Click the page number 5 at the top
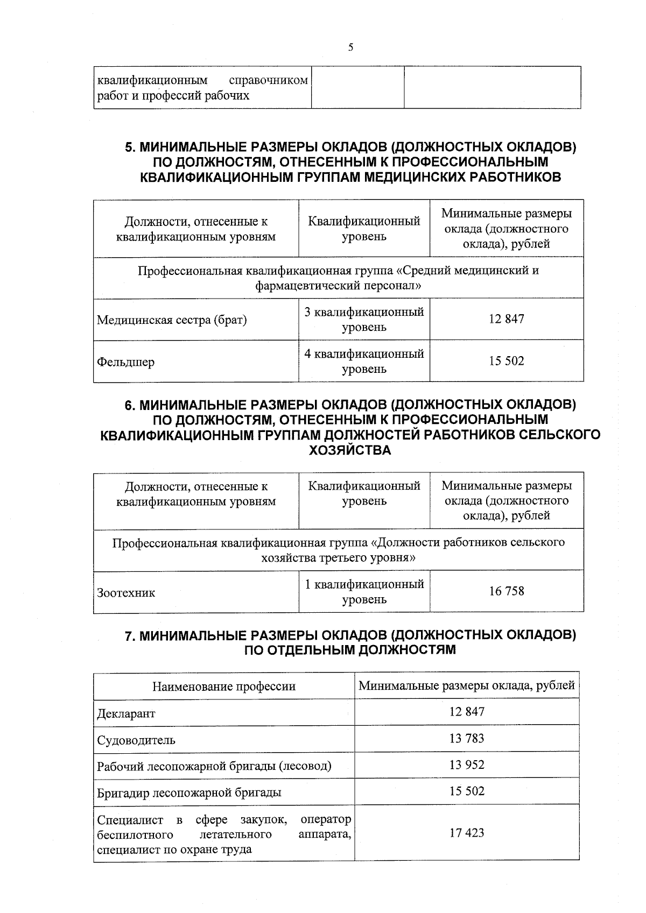point(350,47)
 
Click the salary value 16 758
point(506,591)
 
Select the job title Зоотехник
point(126,593)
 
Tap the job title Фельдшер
point(125,362)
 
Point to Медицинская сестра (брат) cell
point(172,320)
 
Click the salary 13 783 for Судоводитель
point(466,738)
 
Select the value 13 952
point(466,765)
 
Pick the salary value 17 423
point(466,833)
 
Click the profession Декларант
point(126,713)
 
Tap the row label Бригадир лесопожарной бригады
point(189,792)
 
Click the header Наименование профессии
point(224,686)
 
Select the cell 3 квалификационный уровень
point(364,319)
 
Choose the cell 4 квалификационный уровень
point(364,361)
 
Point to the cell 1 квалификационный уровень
point(364,591)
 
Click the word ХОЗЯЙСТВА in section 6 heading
point(350,450)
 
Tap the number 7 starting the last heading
point(128,635)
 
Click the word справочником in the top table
point(268,81)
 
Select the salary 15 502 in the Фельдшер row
point(506,361)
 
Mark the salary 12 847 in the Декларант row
point(466,712)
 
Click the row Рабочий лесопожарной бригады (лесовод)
point(214,766)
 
